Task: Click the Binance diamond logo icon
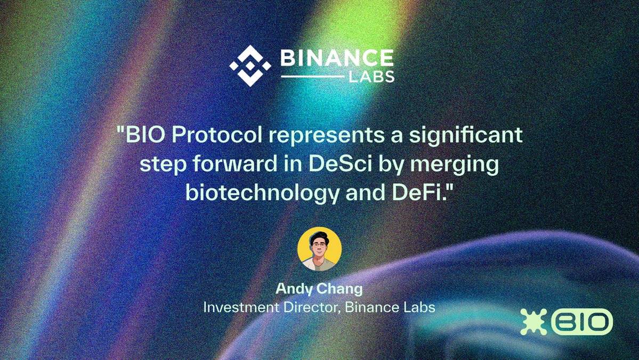point(250,66)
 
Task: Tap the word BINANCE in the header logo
point(337,58)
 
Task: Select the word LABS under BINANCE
point(371,77)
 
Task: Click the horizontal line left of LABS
point(313,76)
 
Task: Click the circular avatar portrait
point(320,249)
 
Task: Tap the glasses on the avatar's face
point(319,246)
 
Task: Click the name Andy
point(294,289)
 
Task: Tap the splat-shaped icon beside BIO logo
point(533,322)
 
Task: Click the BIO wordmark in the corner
point(582,322)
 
